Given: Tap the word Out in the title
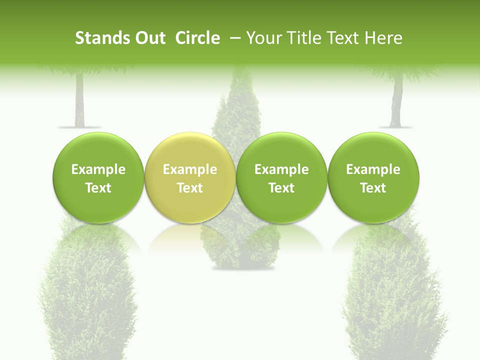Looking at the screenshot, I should click(149, 38).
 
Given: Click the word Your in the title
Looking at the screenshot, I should click(261, 38).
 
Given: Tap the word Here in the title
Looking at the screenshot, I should click(383, 38).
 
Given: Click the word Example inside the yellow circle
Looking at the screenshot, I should click(190, 169).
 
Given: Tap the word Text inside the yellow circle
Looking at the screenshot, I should click(190, 188).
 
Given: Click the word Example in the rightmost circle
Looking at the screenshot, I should click(373, 169).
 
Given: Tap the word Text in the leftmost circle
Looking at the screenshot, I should click(98, 188).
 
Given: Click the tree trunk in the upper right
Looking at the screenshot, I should click(396, 102).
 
